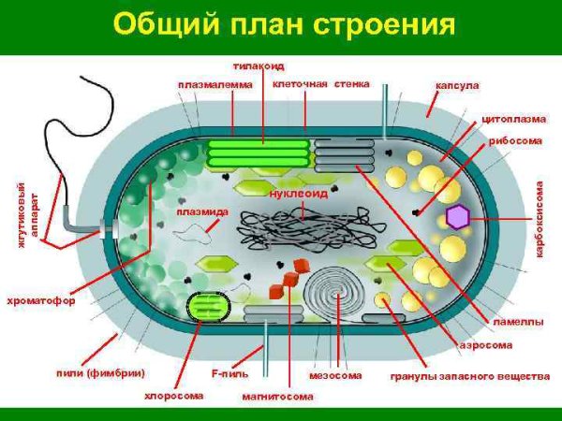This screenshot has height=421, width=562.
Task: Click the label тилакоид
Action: (259, 65)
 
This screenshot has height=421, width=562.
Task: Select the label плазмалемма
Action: (214, 84)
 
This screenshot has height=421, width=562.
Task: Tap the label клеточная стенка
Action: (320, 83)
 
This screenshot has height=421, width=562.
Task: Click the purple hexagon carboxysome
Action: (457, 217)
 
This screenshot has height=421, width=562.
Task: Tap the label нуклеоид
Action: (298, 194)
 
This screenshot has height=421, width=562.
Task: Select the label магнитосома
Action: (277, 396)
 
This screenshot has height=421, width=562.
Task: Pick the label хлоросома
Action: (173, 395)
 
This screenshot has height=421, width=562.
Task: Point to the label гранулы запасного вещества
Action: (469, 377)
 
